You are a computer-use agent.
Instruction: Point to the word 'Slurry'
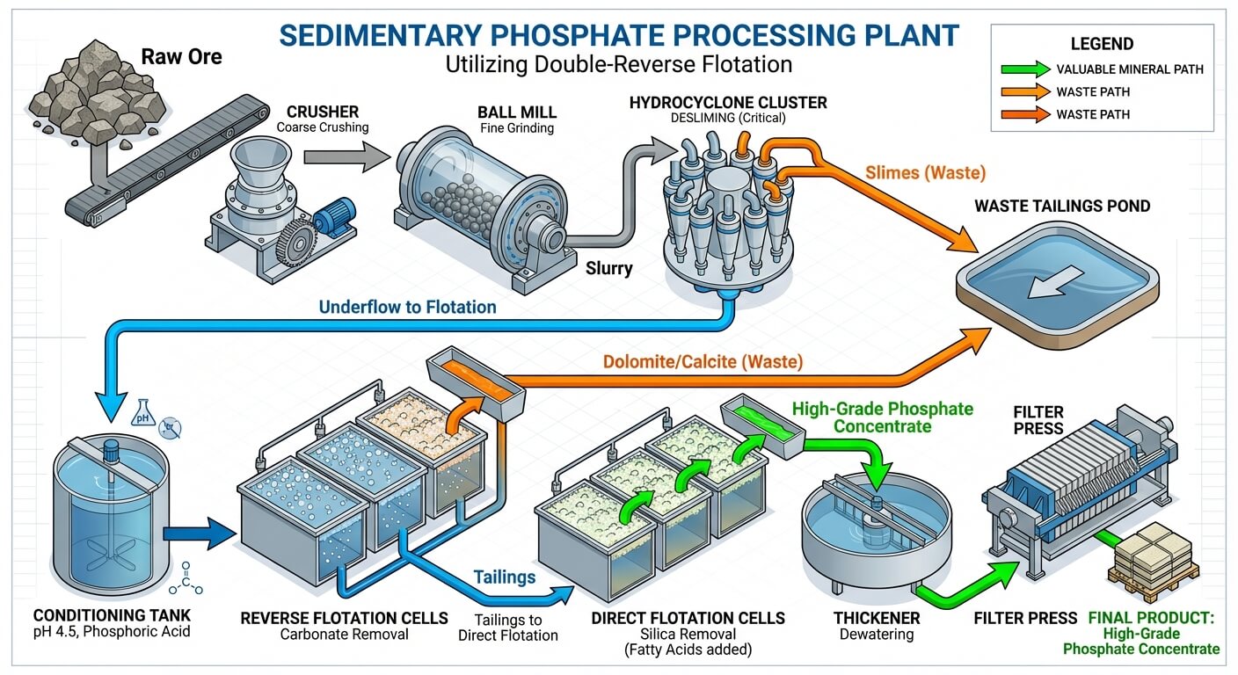click(608, 268)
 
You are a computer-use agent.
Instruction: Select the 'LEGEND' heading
click(1102, 44)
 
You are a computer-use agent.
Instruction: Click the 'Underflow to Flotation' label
click(407, 308)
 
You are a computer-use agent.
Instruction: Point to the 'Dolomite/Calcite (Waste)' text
click(703, 361)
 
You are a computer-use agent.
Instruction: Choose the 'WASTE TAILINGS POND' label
click(1061, 207)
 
